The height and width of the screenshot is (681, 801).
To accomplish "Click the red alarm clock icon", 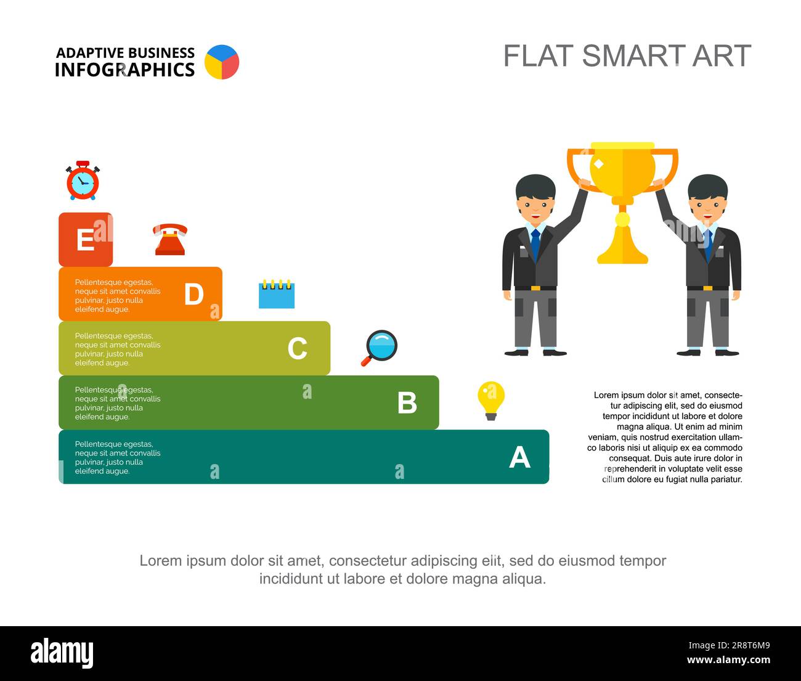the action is point(83,181).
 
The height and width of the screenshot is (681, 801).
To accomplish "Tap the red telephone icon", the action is point(170,240).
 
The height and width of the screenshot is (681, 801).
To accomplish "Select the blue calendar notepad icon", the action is point(277,294).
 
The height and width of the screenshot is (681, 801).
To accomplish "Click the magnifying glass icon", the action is point(380,348).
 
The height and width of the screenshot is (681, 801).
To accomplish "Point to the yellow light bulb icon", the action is point(491,401).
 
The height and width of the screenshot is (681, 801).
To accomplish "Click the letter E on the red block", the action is point(85,240).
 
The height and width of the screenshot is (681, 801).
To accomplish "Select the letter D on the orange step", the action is point(193,294).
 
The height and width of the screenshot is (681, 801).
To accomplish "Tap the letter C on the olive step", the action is point(298,348).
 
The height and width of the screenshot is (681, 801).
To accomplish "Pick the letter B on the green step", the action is point(407,402).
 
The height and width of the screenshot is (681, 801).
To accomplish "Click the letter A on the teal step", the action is point(519,457).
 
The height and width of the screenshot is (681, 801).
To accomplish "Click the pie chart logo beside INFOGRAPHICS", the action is point(222,62).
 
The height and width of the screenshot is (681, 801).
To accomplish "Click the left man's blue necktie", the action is point(535,245).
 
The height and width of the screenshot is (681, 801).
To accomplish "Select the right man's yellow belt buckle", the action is point(707,288).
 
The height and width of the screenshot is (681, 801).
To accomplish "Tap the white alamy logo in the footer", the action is point(62,653).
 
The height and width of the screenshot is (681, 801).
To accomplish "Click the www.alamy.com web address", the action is point(728,659).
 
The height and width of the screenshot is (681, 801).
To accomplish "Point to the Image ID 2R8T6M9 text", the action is point(730,645).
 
